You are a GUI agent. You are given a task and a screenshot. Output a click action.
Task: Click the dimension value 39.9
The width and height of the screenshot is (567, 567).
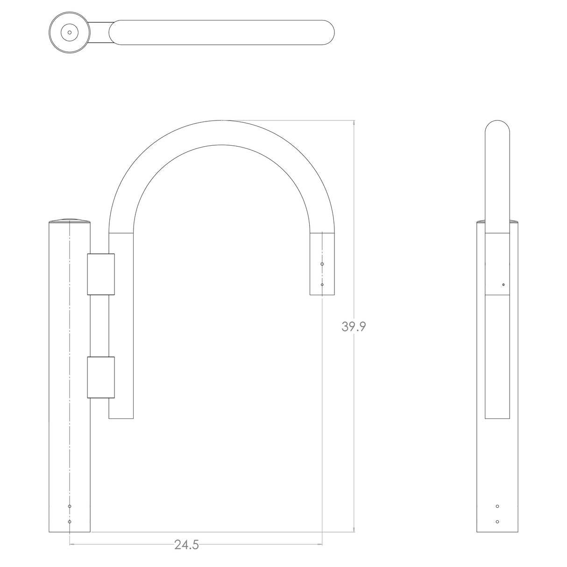tap(354, 326)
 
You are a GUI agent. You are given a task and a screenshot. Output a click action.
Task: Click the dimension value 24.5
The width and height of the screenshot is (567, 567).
tap(187, 545)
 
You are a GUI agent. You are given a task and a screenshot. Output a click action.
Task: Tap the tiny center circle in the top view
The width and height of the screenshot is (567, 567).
tap(70, 32)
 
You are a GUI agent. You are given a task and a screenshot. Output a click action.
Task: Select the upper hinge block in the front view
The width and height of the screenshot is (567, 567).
tap(100, 275)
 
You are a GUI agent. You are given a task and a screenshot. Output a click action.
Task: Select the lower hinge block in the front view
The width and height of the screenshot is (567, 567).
tap(100, 377)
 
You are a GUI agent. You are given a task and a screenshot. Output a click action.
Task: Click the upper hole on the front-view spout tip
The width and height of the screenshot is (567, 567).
tap(322, 264)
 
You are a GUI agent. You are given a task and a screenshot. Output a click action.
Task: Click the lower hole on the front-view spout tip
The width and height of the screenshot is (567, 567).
tap(322, 284)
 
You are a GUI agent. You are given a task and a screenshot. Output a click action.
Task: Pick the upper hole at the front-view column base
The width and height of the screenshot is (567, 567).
tap(70, 506)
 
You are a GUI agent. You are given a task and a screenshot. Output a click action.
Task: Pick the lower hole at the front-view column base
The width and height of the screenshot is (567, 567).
tap(70, 521)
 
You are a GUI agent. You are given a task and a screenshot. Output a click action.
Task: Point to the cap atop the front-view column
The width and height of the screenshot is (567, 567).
tap(70, 220)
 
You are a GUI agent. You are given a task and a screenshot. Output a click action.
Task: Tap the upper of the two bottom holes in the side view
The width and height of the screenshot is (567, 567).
tap(497, 506)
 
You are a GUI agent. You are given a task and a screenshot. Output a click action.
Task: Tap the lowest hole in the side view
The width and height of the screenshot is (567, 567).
tap(497, 521)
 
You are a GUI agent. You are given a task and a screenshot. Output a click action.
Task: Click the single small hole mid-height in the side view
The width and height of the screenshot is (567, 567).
tap(503, 284)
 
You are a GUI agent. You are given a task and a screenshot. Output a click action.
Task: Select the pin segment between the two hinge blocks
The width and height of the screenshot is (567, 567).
tap(100, 326)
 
